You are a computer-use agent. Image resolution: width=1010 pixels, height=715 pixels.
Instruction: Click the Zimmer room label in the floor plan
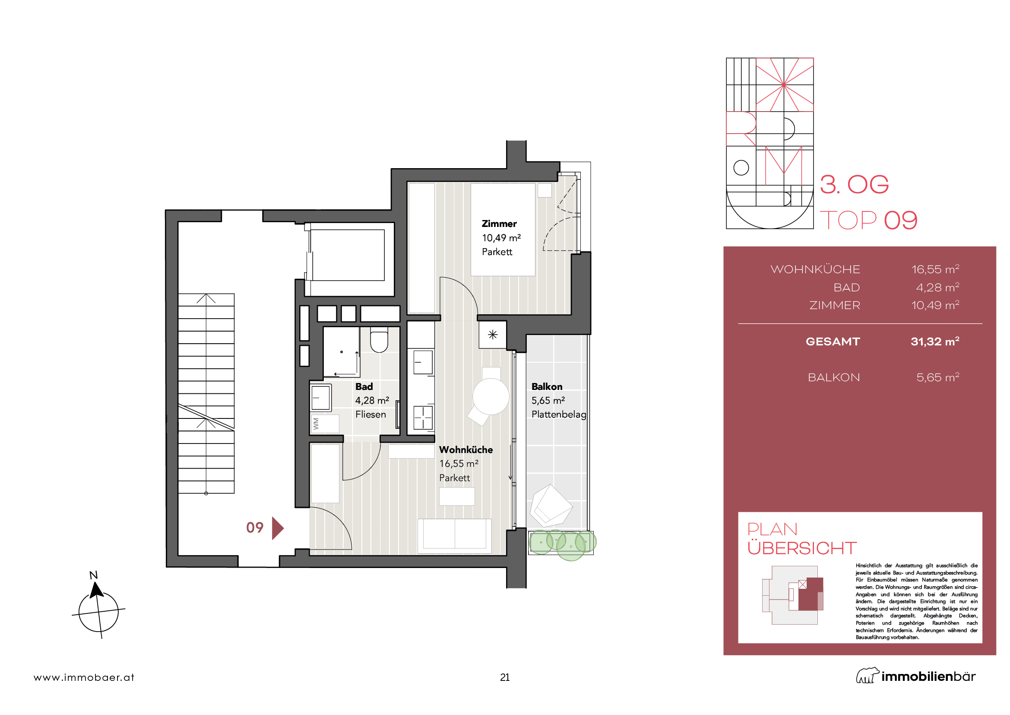click(x=499, y=223)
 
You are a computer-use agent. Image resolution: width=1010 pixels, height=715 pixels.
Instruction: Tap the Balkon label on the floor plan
click(x=547, y=386)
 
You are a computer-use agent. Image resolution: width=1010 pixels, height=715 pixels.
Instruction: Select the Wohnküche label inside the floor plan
click(x=466, y=450)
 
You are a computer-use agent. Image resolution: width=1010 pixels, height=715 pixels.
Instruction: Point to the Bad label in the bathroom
click(x=364, y=386)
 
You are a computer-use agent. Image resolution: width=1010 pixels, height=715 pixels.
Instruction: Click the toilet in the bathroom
click(x=379, y=339)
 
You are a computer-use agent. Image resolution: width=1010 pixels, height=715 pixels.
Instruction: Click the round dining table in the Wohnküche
click(x=491, y=396)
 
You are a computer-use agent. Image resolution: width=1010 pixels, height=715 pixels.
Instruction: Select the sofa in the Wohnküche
click(x=454, y=536)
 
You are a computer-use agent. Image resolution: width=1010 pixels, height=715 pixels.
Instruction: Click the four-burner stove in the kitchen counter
click(x=423, y=418)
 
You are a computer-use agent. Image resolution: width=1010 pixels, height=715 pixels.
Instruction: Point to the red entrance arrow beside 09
click(x=278, y=528)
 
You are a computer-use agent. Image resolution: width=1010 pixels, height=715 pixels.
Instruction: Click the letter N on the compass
click(x=93, y=575)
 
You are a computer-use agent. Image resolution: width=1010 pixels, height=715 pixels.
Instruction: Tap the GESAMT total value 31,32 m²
click(x=935, y=341)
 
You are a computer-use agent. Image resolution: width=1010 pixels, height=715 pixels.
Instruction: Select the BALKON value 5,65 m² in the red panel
click(x=937, y=377)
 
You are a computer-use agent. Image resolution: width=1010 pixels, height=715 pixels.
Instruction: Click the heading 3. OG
click(x=854, y=184)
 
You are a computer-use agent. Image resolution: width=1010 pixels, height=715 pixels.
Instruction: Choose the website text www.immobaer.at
click(x=84, y=677)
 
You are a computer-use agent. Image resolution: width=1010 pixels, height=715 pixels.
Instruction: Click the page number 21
click(x=505, y=677)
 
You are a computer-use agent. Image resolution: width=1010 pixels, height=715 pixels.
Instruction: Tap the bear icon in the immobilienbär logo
click(x=868, y=675)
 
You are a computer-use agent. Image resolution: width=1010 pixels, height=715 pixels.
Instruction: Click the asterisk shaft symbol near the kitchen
click(x=493, y=335)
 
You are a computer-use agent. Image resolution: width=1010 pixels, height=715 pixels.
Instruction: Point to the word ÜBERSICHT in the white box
click(x=802, y=548)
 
